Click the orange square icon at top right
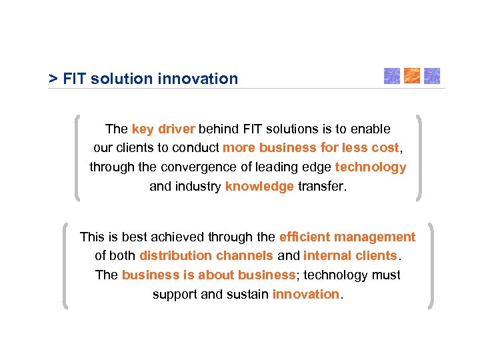(412, 76)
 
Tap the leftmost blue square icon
(392, 76)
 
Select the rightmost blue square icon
(432, 76)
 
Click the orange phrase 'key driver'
(163, 129)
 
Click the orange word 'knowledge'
(259, 187)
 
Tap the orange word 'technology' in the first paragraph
(370, 167)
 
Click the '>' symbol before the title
(53, 79)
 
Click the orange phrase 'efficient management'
(347, 237)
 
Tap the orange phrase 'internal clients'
(350, 256)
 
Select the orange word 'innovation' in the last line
(306, 295)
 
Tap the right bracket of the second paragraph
(431, 265)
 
